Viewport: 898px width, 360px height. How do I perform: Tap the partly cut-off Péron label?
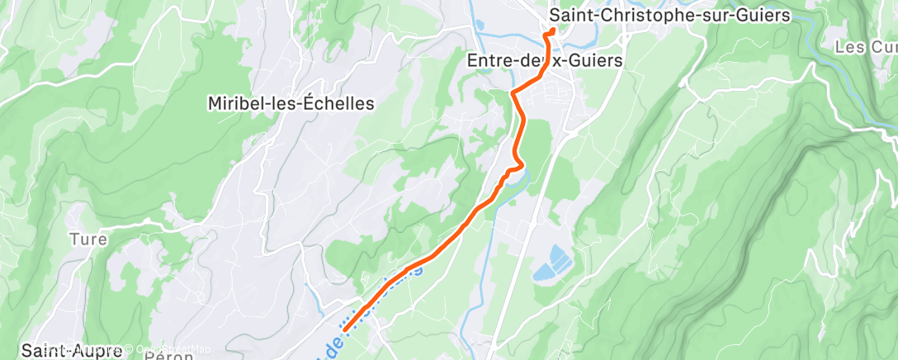(x=168, y=355)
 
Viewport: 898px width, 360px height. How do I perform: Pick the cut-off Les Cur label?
(x=866, y=47)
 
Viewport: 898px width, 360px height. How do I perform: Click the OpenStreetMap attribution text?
(x=173, y=349)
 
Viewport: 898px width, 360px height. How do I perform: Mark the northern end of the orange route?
(x=552, y=32)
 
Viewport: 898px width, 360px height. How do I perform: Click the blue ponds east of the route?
(x=552, y=262)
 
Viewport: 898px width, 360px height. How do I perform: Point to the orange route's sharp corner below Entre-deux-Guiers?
(x=513, y=92)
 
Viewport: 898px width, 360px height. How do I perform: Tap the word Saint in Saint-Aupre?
(x=41, y=350)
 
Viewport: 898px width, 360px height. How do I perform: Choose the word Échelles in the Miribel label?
(x=340, y=104)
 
